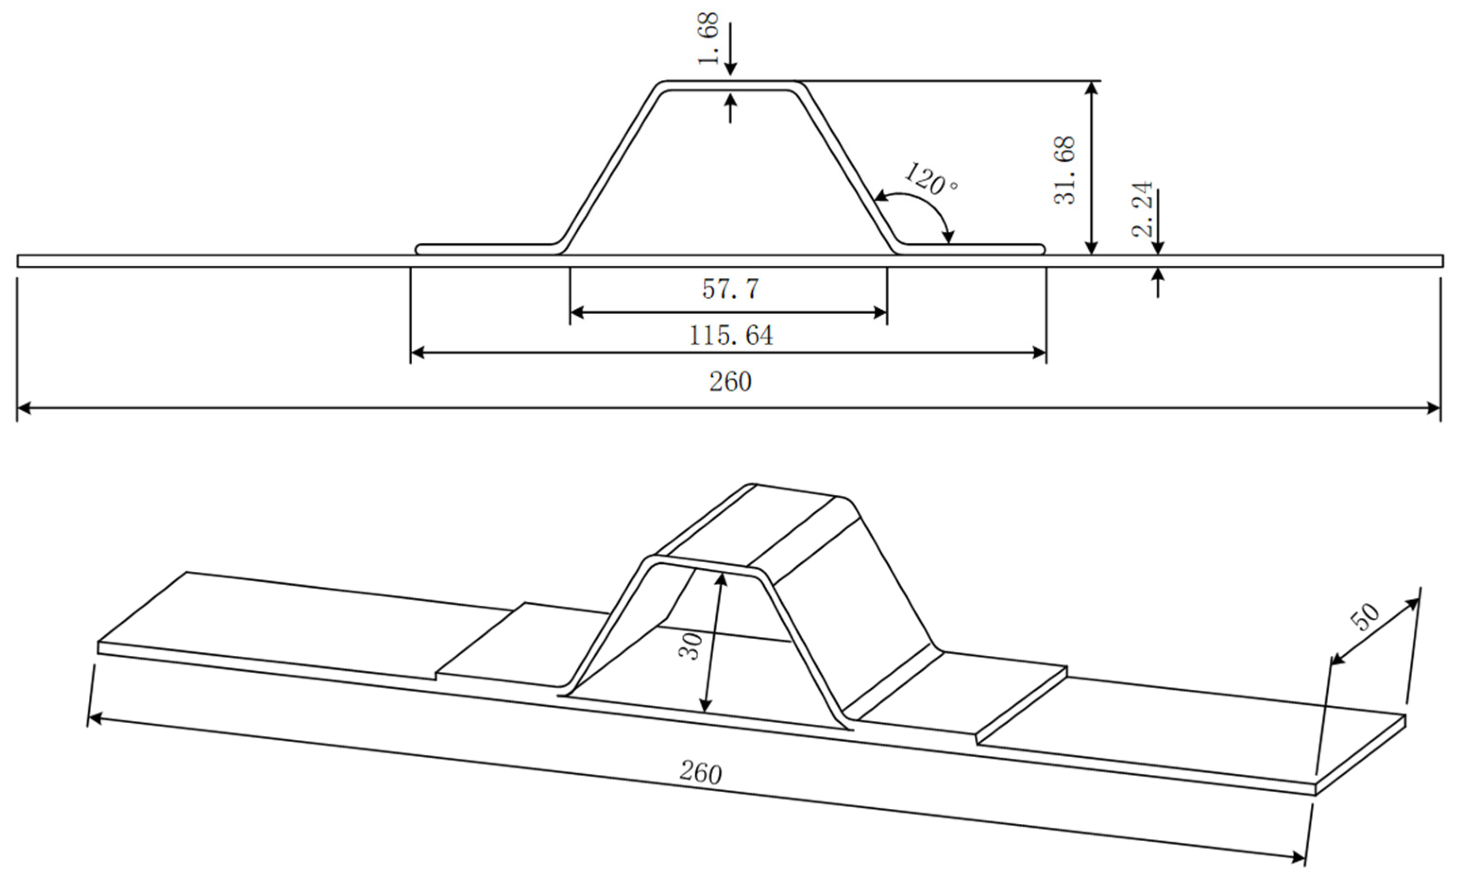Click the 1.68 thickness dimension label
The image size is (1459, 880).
709,39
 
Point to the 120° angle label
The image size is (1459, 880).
930,179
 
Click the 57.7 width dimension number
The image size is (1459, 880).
730,289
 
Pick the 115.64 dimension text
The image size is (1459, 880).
731,336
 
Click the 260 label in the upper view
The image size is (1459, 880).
730,382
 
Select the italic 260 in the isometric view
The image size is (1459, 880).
700,773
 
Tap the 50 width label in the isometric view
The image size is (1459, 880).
1365,618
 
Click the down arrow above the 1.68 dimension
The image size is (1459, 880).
731,65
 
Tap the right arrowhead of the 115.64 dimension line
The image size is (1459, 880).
1039,353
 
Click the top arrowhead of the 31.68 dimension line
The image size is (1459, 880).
1092,89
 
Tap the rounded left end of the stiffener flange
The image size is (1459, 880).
418,249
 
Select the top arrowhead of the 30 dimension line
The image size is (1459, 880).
721,579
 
